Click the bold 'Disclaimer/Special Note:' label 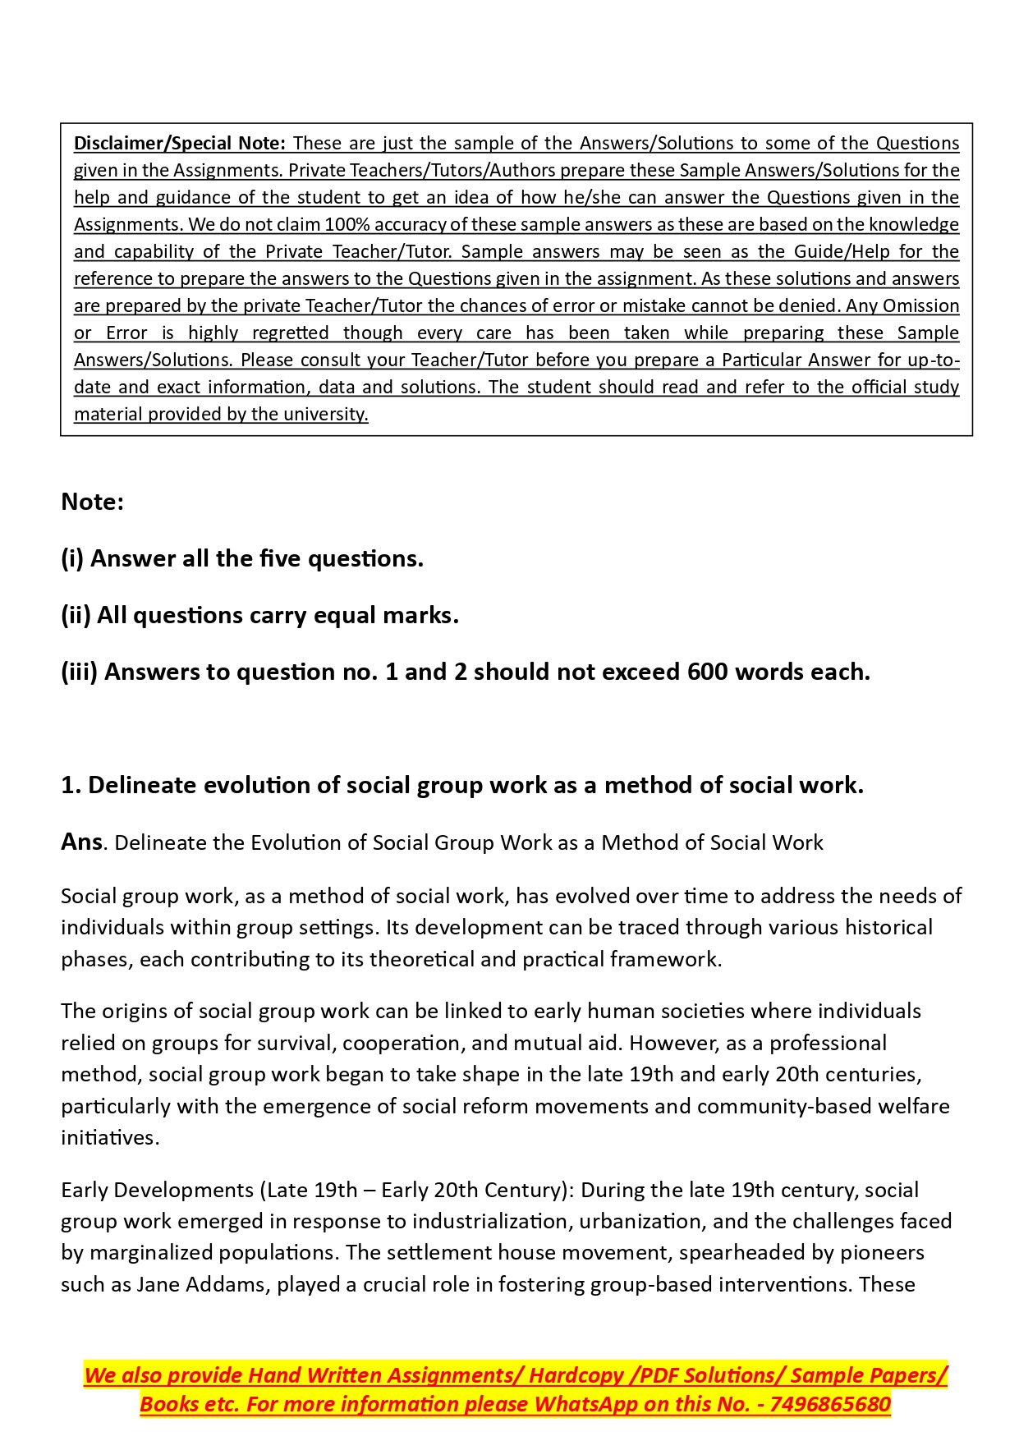click(179, 144)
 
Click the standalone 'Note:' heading click(92, 502)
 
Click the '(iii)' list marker click(79, 672)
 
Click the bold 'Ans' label click(81, 842)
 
